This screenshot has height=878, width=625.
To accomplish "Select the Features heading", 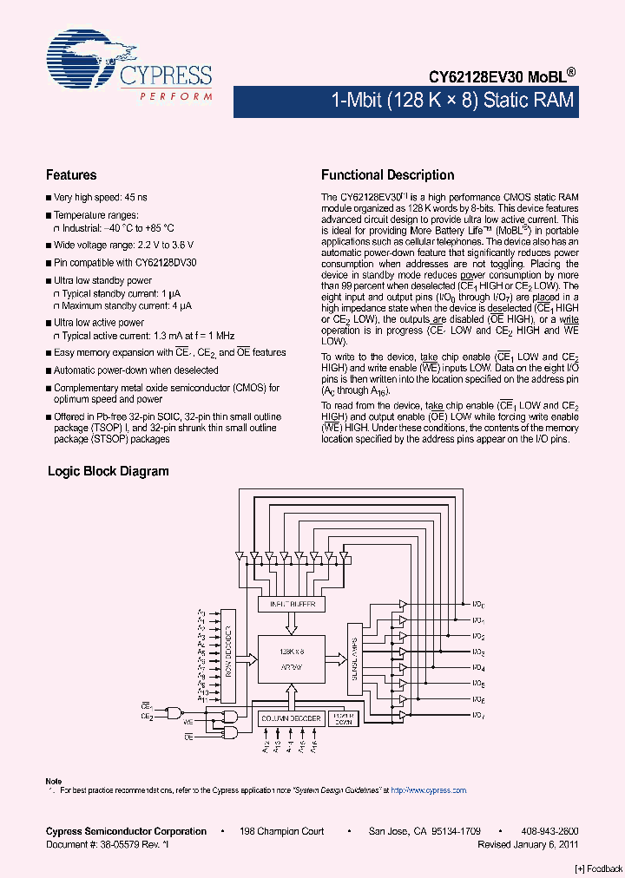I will (x=71, y=174).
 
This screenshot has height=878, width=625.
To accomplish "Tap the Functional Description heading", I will (x=387, y=174).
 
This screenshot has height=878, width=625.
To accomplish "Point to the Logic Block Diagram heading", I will (x=108, y=471).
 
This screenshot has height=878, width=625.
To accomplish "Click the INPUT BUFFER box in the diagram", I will (x=292, y=604).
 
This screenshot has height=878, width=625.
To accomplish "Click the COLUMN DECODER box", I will (x=291, y=718).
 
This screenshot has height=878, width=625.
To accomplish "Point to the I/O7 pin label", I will (x=478, y=714).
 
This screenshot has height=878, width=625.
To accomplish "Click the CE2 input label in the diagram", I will (x=147, y=717).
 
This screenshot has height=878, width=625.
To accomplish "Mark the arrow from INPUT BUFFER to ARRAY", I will (x=292, y=624).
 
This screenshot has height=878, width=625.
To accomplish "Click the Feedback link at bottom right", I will (x=599, y=868).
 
